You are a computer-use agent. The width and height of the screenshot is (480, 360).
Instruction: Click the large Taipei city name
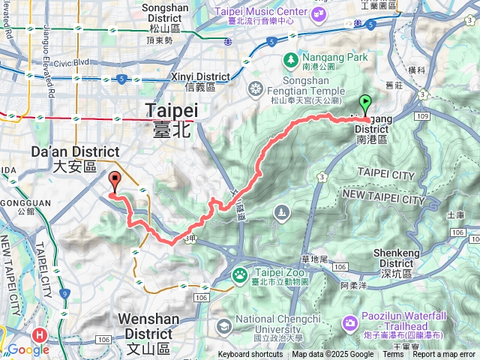(172, 116)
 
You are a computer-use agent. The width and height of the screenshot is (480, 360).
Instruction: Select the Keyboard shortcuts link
(250, 355)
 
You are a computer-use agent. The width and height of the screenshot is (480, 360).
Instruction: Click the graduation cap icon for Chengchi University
(223, 326)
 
